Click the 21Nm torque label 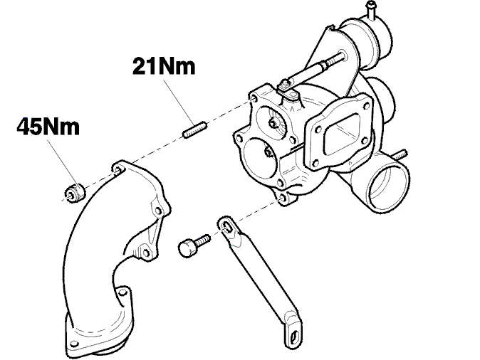164,67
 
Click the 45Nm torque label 48,127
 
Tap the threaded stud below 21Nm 194,129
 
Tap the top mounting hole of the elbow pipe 118,169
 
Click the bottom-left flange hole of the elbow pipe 73,344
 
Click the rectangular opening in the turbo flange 342,135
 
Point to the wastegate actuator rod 316,69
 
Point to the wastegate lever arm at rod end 288,91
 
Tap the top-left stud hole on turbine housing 253,98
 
